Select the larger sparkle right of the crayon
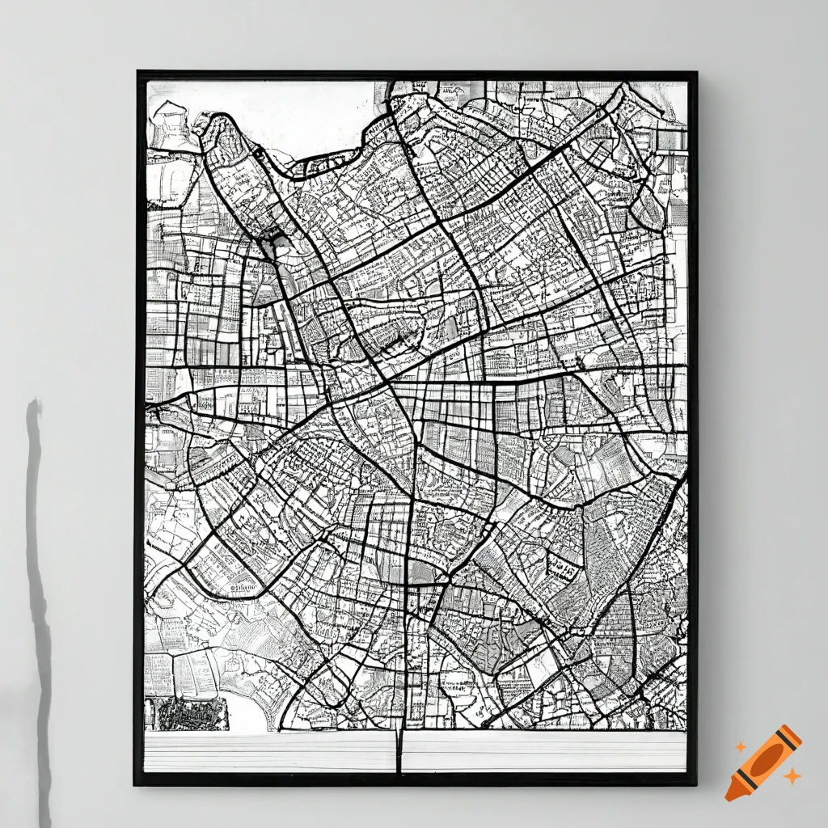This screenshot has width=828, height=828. (792, 776)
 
